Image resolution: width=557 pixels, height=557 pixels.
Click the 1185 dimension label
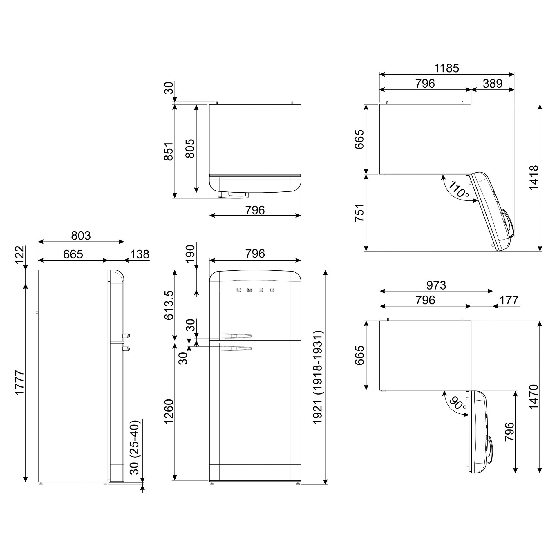pyautogui.click(x=446, y=68)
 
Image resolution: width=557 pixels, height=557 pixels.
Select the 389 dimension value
pyautogui.click(x=493, y=84)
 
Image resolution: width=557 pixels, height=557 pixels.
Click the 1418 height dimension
pyautogui.click(x=534, y=178)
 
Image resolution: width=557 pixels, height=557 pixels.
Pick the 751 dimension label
pyautogui.click(x=359, y=213)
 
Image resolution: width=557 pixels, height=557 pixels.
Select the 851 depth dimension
pyautogui.click(x=169, y=151)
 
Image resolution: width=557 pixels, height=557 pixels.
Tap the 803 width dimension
pyautogui.click(x=81, y=236)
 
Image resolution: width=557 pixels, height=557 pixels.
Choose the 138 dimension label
pyautogui.click(x=140, y=254)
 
